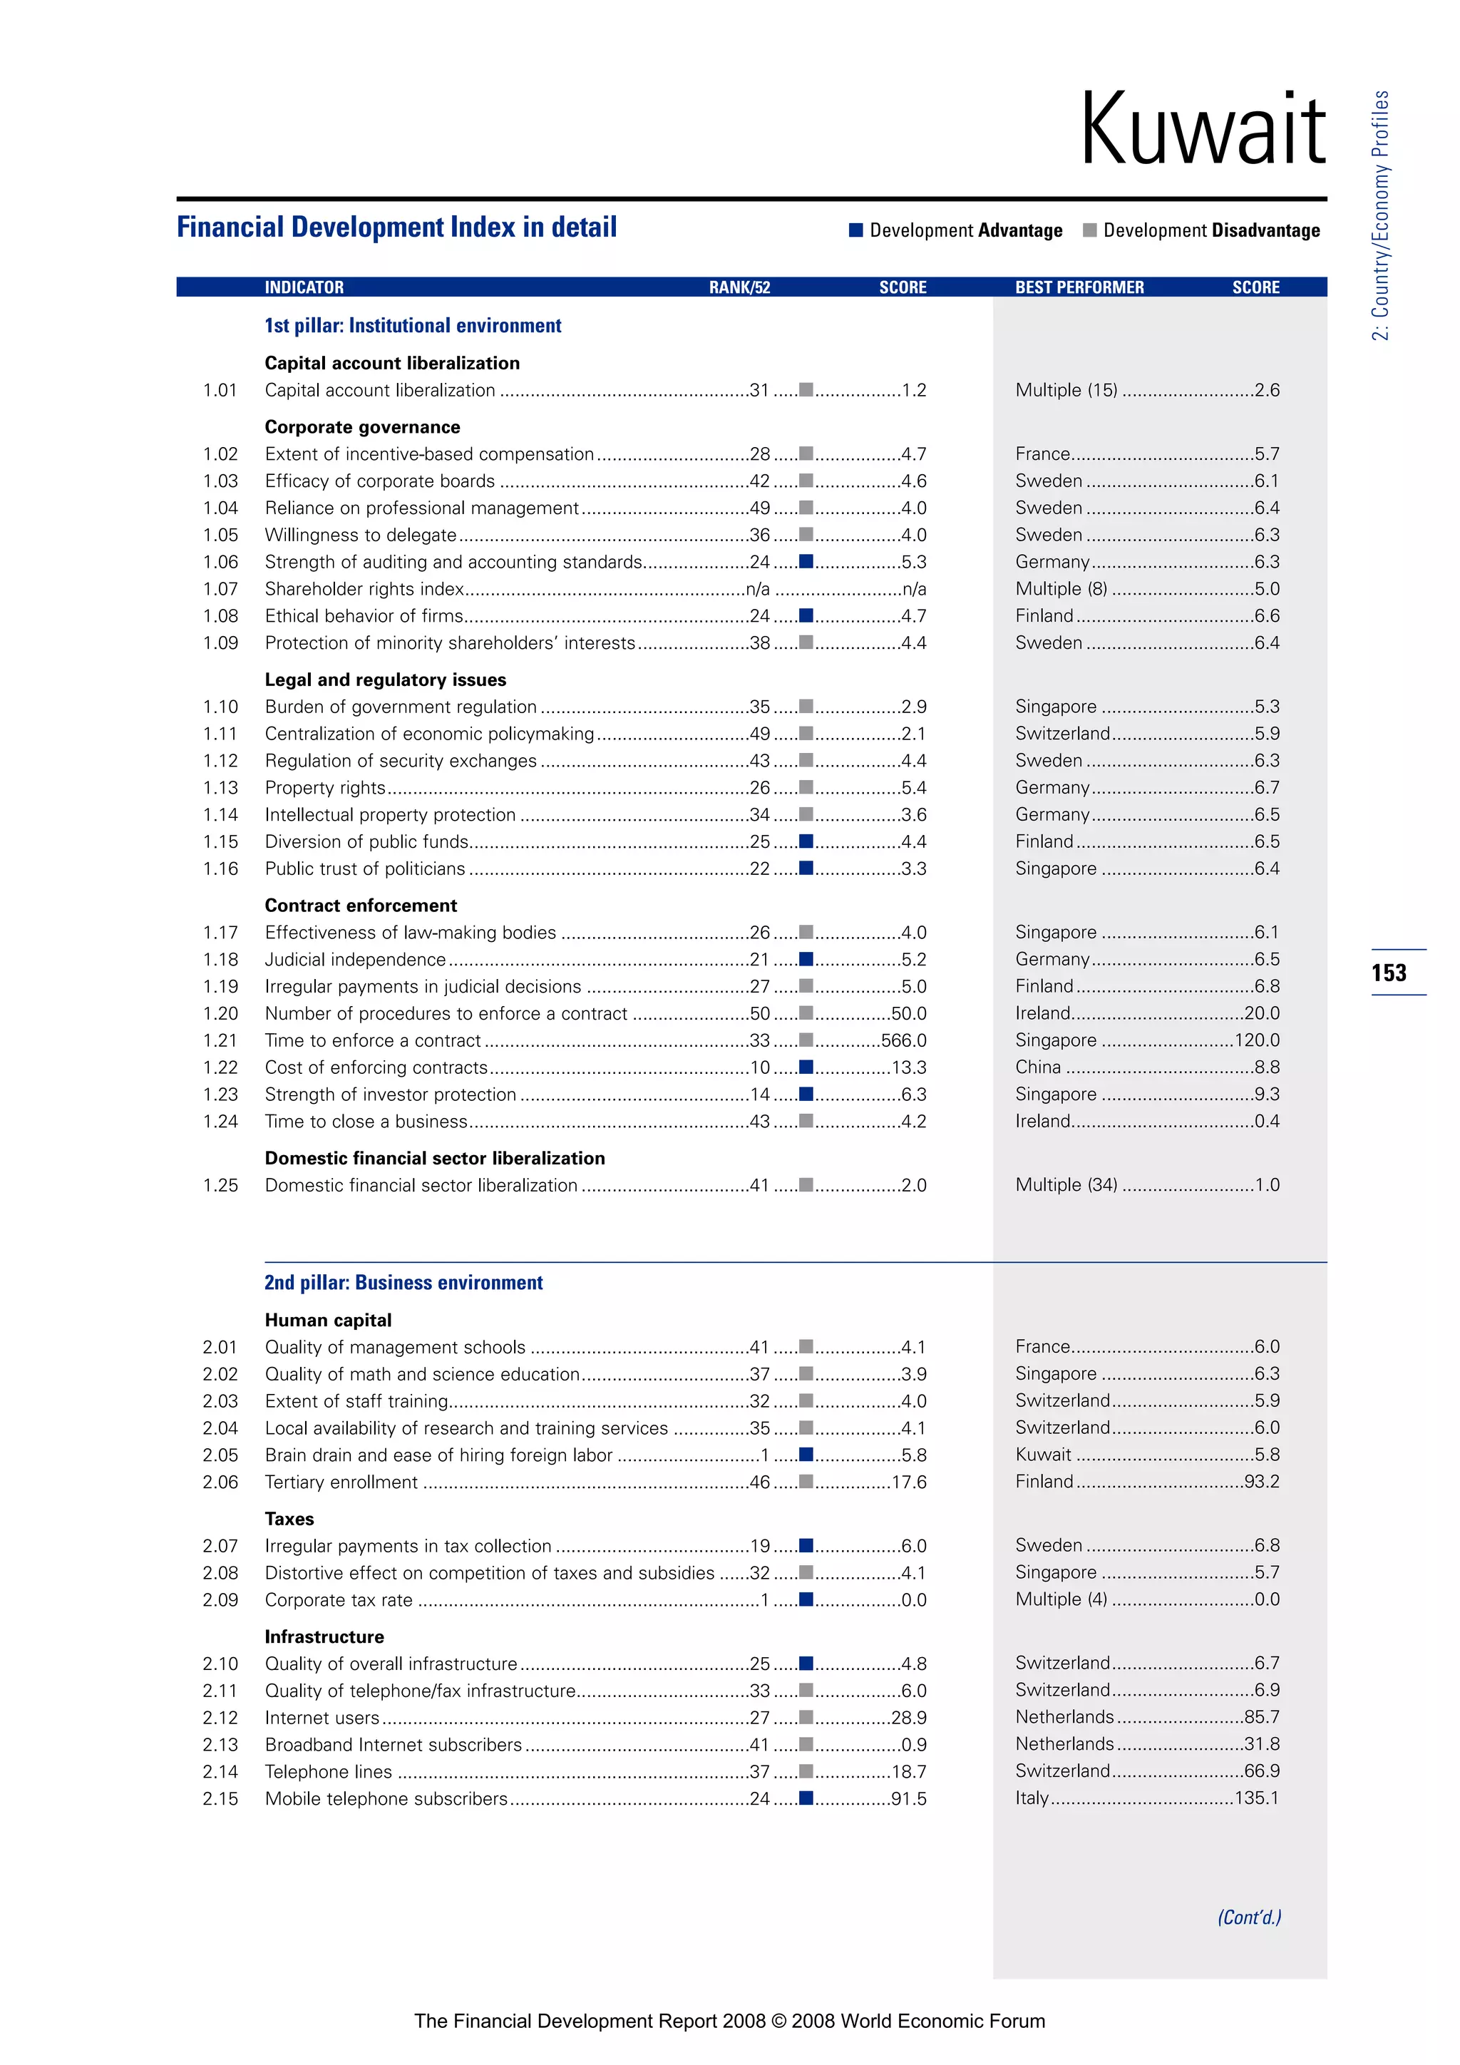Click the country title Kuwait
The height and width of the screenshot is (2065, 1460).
coord(1202,130)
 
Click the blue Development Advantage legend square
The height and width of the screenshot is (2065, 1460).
coord(856,230)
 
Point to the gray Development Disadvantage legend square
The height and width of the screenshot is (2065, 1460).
coord(1089,230)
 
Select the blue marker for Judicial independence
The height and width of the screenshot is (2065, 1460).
coord(806,959)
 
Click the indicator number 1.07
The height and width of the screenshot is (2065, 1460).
coord(220,589)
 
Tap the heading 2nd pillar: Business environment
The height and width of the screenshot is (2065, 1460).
coord(403,1283)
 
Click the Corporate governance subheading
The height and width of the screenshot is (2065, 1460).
coord(362,427)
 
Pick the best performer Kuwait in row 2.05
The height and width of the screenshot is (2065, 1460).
coord(1043,1455)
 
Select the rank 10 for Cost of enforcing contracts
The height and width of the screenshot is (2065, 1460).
coord(760,1067)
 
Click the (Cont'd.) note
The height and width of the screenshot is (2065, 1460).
coord(1249,1917)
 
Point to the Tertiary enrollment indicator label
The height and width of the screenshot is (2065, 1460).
coord(341,1482)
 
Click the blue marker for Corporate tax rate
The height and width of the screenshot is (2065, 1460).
coord(806,1599)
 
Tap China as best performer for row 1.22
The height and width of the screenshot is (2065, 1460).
coord(1039,1067)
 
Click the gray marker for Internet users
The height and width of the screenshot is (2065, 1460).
coord(806,1717)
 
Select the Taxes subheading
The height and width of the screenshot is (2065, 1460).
coord(289,1519)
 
